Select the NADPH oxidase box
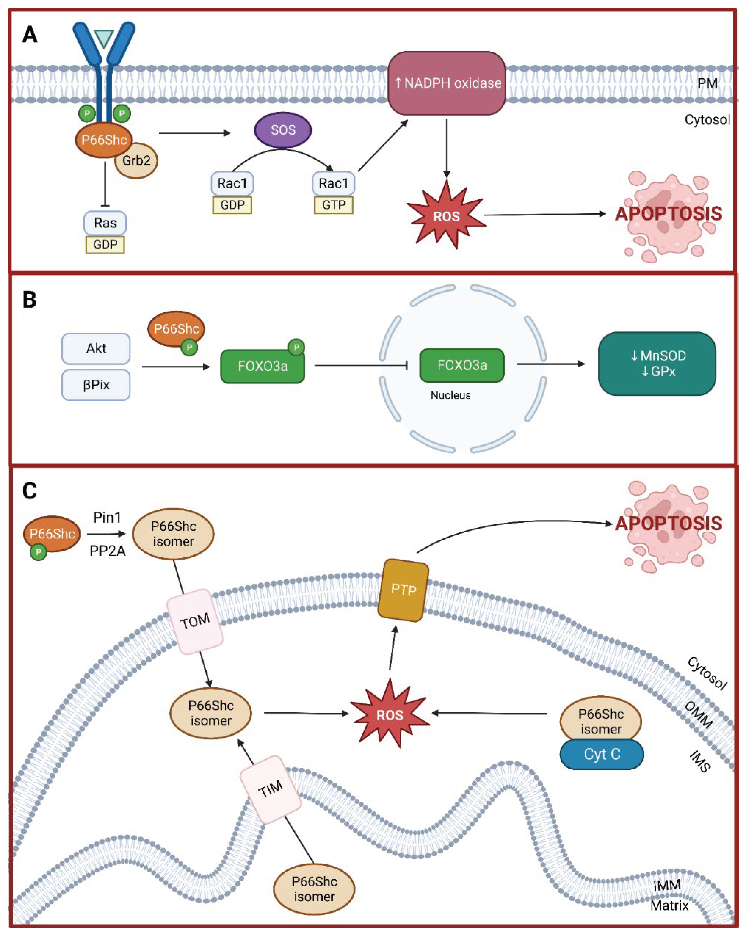point(447,83)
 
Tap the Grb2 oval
point(136,161)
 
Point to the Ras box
point(105,223)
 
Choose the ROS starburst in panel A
point(447,216)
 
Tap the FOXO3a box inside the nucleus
point(462,365)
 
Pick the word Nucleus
point(450,395)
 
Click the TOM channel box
point(195,621)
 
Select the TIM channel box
point(271,789)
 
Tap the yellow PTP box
point(403,590)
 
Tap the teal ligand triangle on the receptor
point(104,38)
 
